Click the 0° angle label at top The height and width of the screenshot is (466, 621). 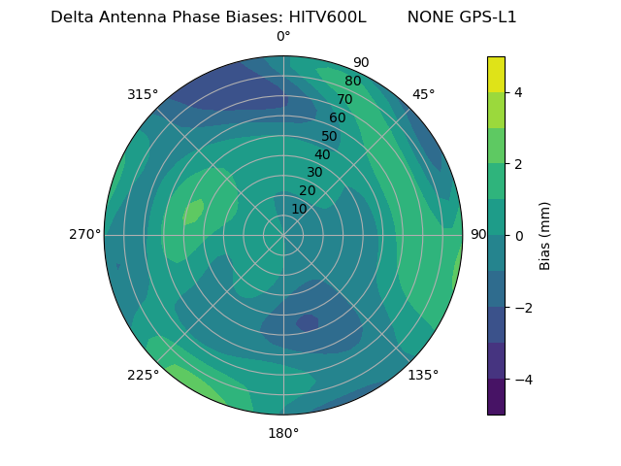pyautogui.click(x=283, y=37)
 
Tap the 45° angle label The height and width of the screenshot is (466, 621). pyautogui.click(x=423, y=94)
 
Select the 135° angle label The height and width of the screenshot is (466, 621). pyautogui.click(x=423, y=375)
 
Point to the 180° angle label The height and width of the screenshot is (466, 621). pyautogui.click(x=283, y=433)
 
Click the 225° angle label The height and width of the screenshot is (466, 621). pyautogui.click(x=143, y=375)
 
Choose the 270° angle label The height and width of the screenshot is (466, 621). pyautogui.click(x=84, y=235)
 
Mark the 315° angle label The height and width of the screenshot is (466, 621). pyautogui.click(x=143, y=94)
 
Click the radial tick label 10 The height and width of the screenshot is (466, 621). pyautogui.click(x=299, y=209)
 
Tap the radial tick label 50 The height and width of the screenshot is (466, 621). pyautogui.click(x=329, y=136)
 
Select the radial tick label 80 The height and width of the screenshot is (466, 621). pyautogui.click(x=352, y=82)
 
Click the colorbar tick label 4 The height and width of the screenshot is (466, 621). pyautogui.click(x=519, y=92)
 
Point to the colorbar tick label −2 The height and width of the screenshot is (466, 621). pyautogui.click(x=523, y=308)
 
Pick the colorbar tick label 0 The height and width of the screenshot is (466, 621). pyautogui.click(x=519, y=236)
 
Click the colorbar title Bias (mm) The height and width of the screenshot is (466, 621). pyautogui.click(x=545, y=235)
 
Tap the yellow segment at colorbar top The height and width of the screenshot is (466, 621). pyautogui.click(x=496, y=74)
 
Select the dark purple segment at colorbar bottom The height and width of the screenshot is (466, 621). pyautogui.click(x=496, y=397)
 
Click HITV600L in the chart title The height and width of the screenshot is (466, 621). pyautogui.click(x=327, y=17)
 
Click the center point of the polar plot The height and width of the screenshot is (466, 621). pyautogui.click(x=283, y=235)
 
